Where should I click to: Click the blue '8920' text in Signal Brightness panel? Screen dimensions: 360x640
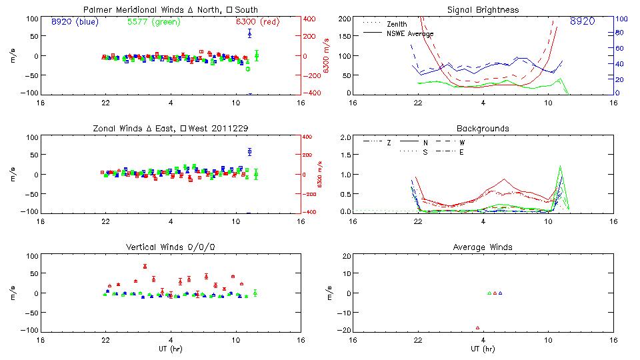click(582, 21)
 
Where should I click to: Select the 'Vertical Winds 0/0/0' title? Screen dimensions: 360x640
click(171, 247)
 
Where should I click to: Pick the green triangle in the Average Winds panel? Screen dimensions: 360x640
click(489, 293)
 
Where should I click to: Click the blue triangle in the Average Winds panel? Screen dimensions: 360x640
click(500, 293)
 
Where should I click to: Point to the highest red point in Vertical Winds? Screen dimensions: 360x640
click(145, 266)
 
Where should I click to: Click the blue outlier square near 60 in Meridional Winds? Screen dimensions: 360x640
click(249, 33)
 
